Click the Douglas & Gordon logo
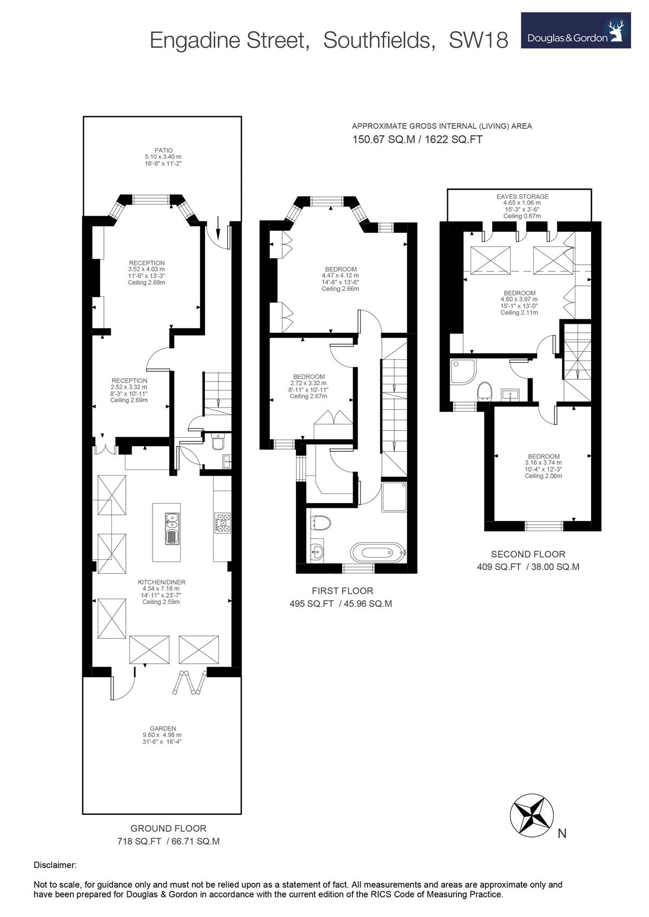point(575,30)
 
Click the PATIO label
point(163,151)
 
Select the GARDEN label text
point(163,728)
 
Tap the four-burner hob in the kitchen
point(223,523)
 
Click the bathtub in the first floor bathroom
point(377,553)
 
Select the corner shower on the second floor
point(463,372)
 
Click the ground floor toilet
point(218,443)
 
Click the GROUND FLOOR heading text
point(168,828)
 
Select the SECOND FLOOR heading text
point(527,554)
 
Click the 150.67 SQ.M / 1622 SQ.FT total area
point(417,139)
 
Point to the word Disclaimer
point(55,865)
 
